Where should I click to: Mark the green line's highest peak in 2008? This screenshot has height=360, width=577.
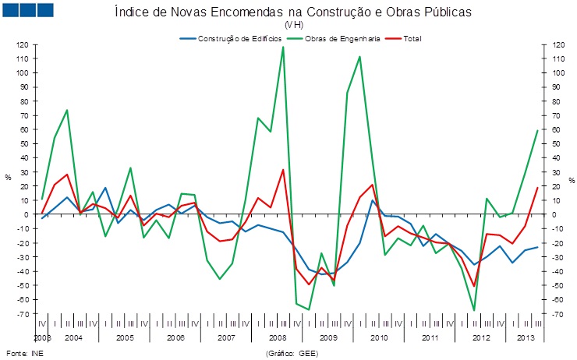tap(283, 47)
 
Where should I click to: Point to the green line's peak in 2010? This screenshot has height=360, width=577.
tap(359, 56)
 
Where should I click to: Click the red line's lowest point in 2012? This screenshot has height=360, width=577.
tap(474, 286)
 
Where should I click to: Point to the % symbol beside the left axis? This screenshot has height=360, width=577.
tap(8, 178)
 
